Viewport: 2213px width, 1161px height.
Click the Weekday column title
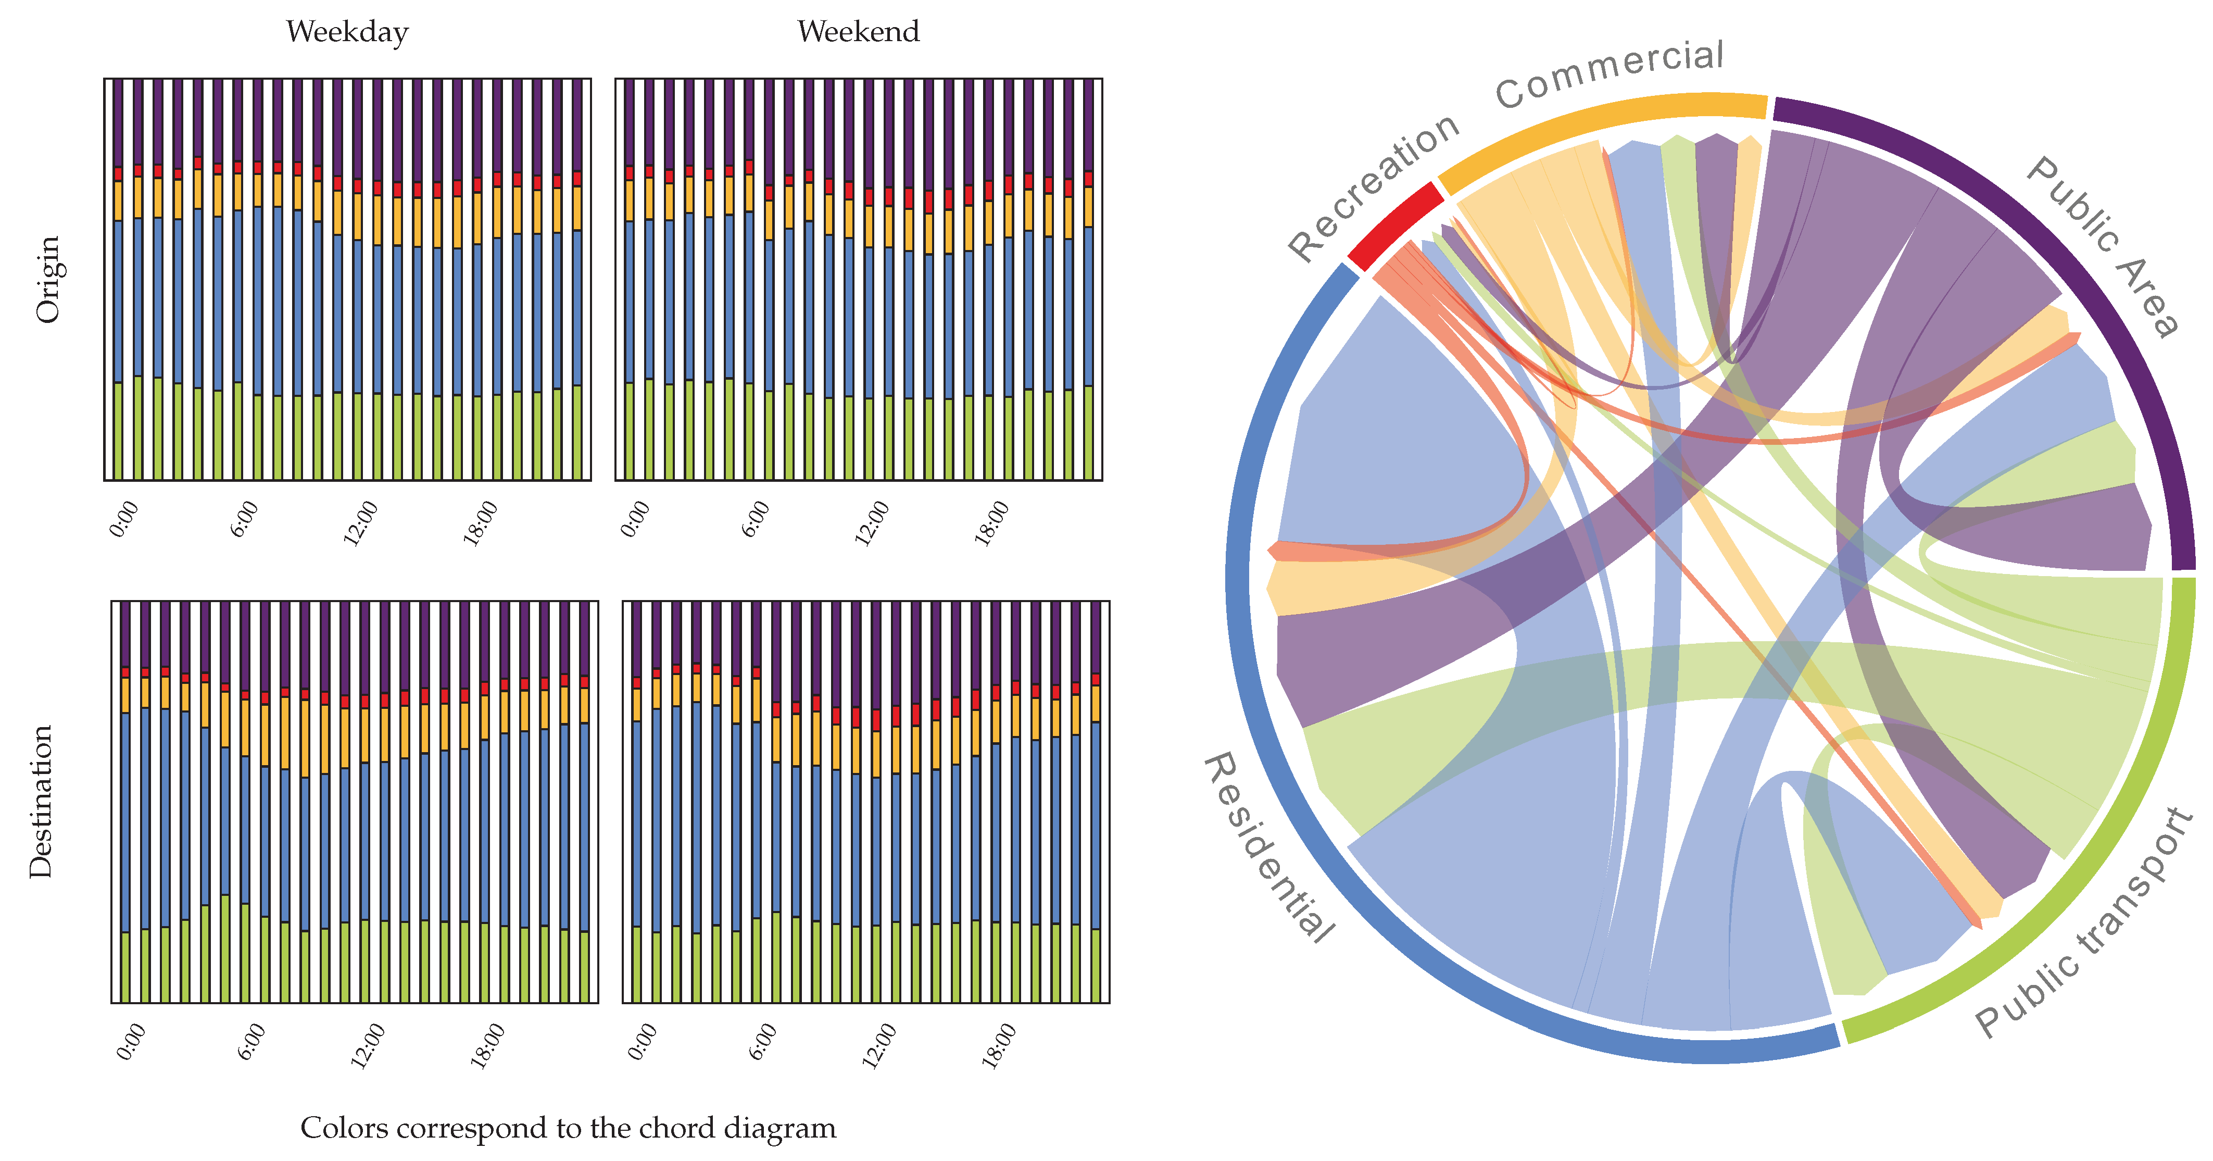tap(347, 32)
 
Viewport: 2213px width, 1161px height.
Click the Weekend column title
tap(858, 32)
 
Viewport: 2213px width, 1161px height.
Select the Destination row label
tap(41, 801)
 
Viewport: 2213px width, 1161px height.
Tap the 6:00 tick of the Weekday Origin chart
tap(245, 519)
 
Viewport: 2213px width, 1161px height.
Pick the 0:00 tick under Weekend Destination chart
tap(643, 1042)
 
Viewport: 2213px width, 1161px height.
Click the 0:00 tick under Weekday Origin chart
tap(124, 519)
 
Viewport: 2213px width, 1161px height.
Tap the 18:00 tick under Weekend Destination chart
tap(999, 1045)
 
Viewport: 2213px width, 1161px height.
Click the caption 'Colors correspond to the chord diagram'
tap(568, 1128)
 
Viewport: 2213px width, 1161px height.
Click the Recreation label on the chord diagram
tap(1373, 188)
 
